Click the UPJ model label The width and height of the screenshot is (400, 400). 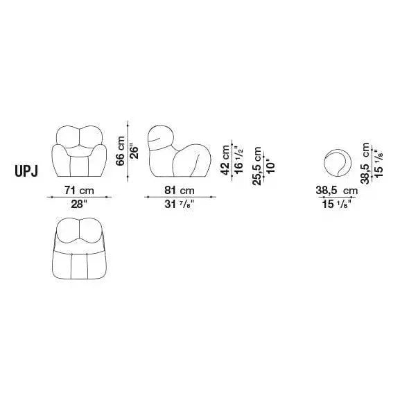coord(26,171)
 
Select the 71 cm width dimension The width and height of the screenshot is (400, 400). coord(79,191)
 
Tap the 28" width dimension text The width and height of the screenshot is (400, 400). coord(79,204)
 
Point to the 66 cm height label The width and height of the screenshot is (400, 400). coord(121,151)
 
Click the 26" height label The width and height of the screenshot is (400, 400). coord(134,153)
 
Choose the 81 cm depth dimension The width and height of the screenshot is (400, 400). coord(180,191)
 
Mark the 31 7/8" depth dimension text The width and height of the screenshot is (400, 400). coord(180,204)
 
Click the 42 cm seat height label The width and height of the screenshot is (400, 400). coord(225,160)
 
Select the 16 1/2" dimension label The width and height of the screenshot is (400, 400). coord(238,160)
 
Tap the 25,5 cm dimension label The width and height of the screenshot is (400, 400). coord(257,166)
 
